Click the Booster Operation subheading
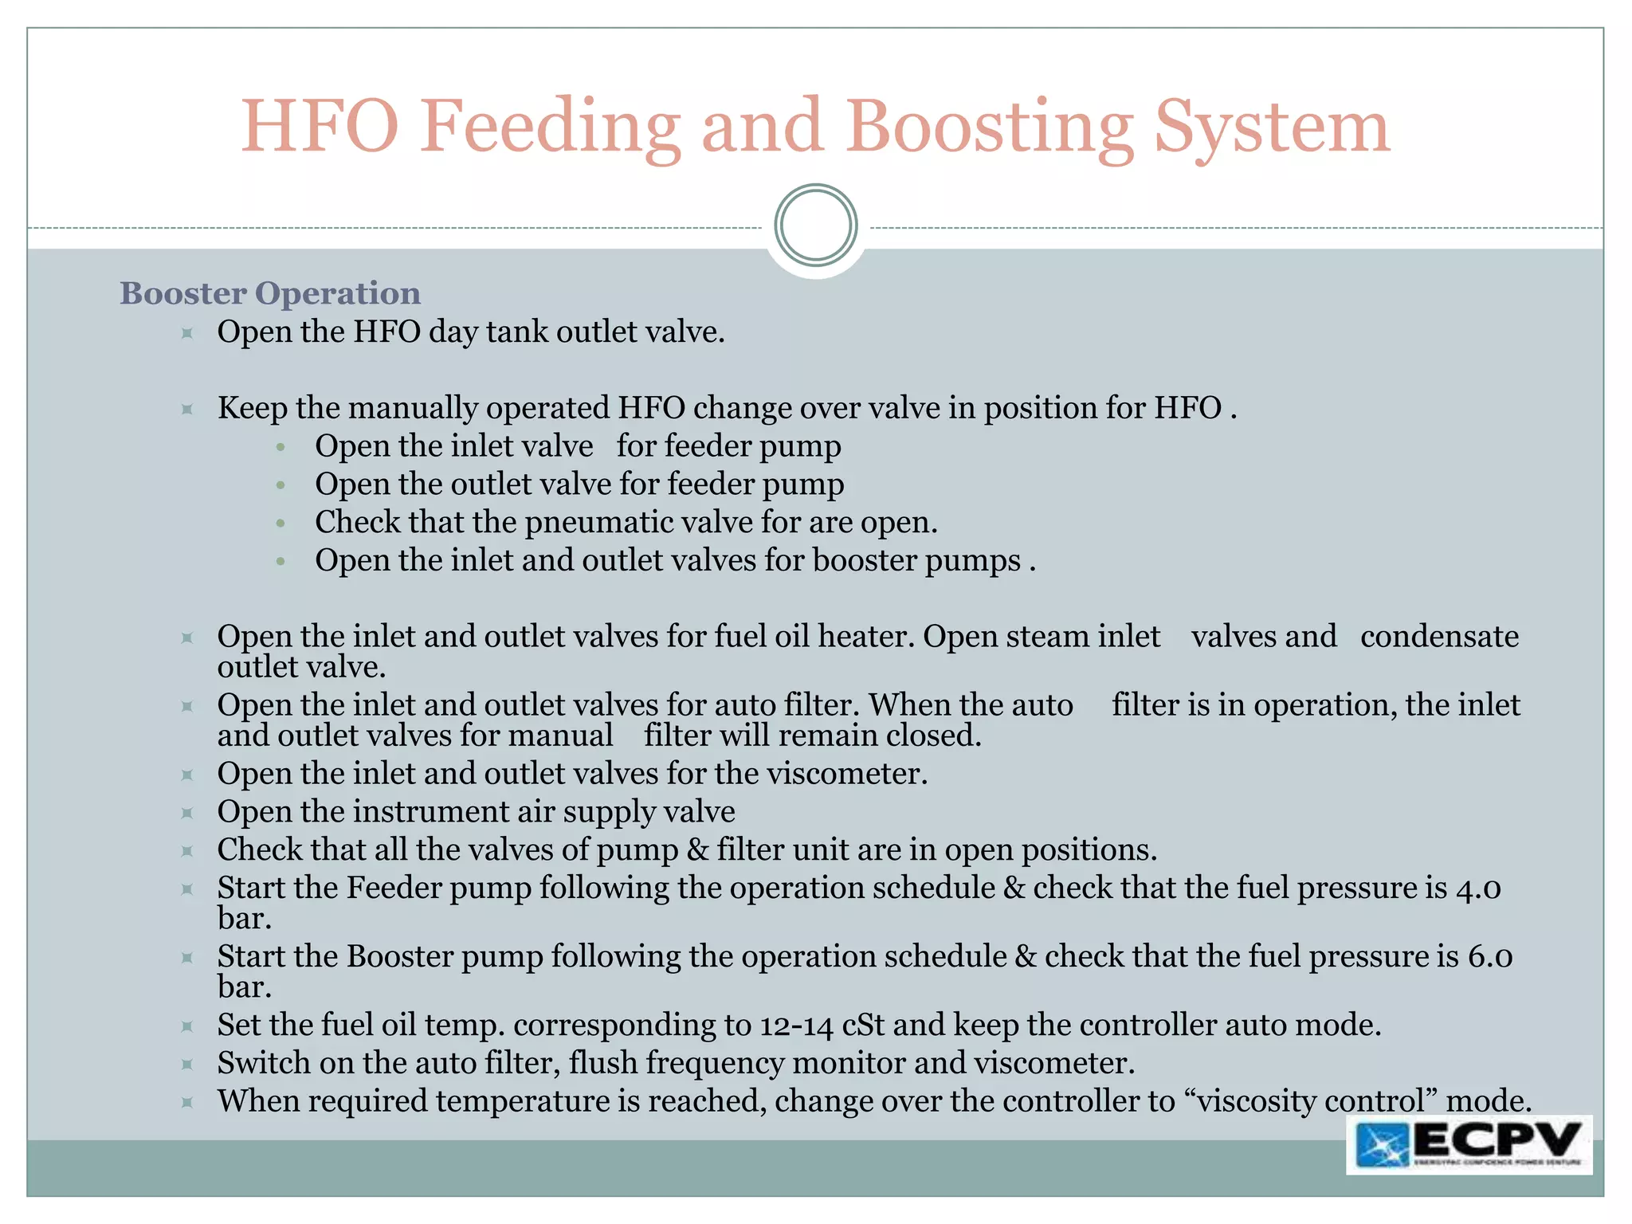pyautogui.click(x=270, y=293)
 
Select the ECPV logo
pyautogui.click(x=1469, y=1145)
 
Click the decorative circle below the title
pyautogui.click(x=816, y=226)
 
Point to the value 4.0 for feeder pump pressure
pyautogui.click(x=1478, y=889)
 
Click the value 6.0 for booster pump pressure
pyautogui.click(x=1490, y=957)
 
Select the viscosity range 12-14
pyautogui.click(x=796, y=1026)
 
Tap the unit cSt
pyautogui.click(x=863, y=1026)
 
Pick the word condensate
pyautogui.click(x=1439, y=637)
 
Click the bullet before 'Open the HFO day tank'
pyautogui.click(x=187, y=333)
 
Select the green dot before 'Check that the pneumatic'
pyautogui.click(x=280, y=524)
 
